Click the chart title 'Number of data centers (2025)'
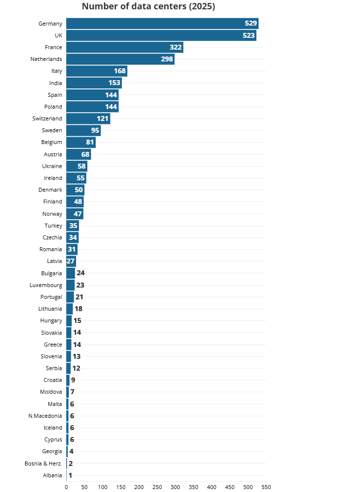[148, 6]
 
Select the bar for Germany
[162, 24]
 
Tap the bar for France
[125, 47]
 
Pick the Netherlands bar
[120, 59]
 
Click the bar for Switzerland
[88, 118]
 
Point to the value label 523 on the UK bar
[249, 35]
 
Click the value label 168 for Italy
[120, 71]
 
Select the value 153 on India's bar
[114, 83]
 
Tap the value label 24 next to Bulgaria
[81, 273]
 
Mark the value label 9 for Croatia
[73, 380]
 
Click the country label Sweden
[52, 130]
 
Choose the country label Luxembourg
[46, 285]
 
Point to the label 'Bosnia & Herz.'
[43, 463]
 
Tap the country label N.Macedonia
[45, 416]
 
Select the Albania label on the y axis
[53, 475]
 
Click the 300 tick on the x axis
[175, 487]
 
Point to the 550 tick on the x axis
[266, 487]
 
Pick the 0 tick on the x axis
[66, 487]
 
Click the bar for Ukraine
[77, 166]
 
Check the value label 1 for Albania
[70, 475]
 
